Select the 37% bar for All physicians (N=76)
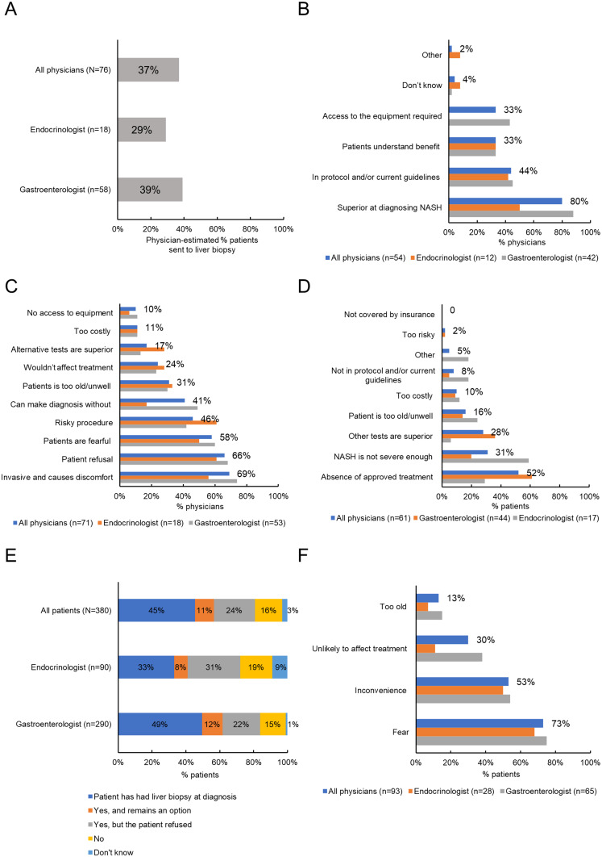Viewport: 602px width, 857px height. (x=147, y=70)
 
